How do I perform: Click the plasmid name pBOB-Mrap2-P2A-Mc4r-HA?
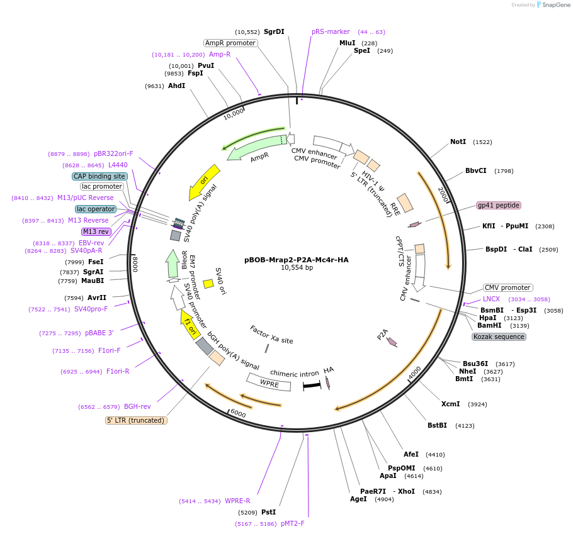pos(296,259)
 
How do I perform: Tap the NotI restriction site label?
pos(458,142)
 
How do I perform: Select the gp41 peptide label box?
pos(499,205)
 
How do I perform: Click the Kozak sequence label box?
pos(499,337)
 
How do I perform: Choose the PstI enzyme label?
pos(268,512)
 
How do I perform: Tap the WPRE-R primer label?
pos(237,501)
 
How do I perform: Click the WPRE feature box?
pos(269,382)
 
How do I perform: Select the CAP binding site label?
pos(100,176)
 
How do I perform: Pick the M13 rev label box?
pos(96,231)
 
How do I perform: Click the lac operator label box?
pos(96,209)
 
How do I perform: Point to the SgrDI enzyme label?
pos(274,31)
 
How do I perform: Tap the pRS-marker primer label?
pos(331,31)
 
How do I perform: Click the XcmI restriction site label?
pos(450,404)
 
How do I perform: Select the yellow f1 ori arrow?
pos(190,324)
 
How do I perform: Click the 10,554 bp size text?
pos(296,268)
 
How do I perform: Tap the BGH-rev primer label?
pos(137,406)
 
